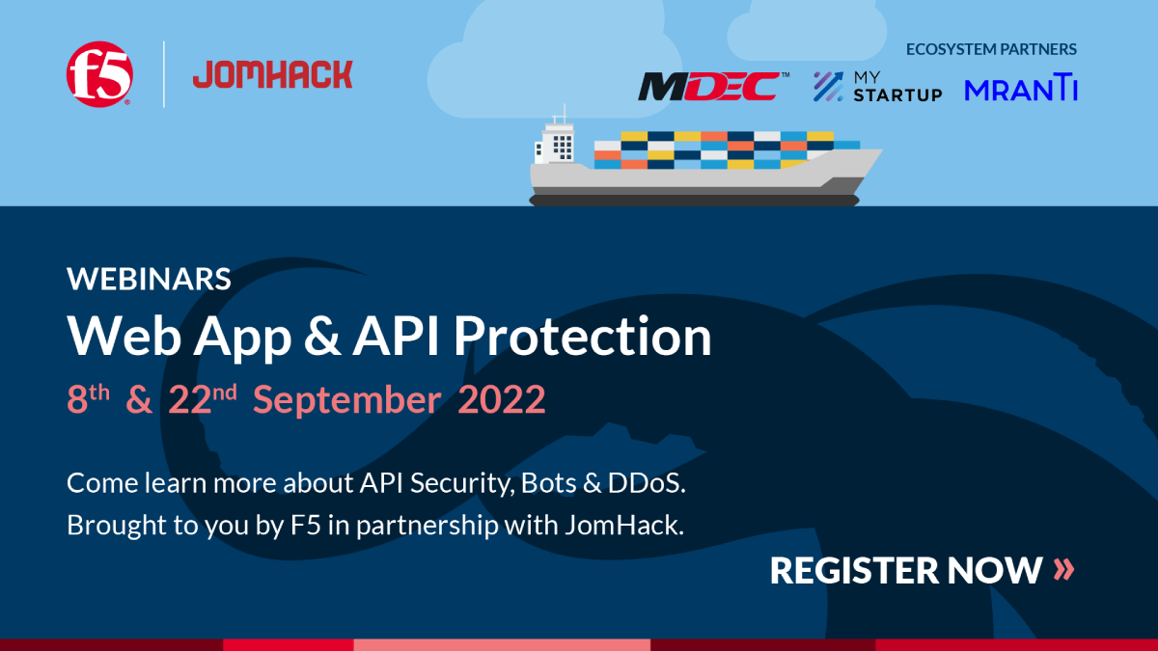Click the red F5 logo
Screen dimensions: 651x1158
99,74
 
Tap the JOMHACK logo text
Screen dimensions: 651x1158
273,74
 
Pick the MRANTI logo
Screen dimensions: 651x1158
1021,89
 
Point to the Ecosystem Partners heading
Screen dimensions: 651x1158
991,49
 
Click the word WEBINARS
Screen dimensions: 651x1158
149,279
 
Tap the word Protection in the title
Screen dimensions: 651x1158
583,337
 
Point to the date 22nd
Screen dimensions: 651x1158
203,399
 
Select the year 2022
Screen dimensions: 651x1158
502,399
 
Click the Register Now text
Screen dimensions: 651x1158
905,570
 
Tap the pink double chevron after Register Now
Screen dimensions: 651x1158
1063,570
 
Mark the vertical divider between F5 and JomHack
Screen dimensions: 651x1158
164,74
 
